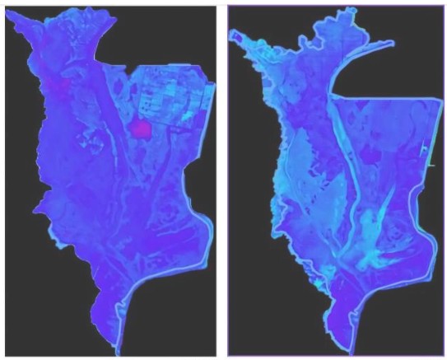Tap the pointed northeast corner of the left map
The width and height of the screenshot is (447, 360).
pos(212,83)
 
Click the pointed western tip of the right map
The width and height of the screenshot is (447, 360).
pos(231,34)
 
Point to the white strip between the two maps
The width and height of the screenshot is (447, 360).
pos(221,181)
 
